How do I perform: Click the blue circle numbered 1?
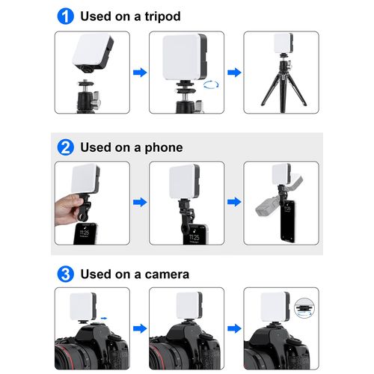tap(65, 16)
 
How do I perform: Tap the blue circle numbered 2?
tap(65, 147)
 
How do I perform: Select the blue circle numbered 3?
tap(65, 275)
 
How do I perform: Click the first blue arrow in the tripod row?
tap(140, 73)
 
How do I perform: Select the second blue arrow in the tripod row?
tap(234, 73)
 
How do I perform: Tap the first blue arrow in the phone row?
tap(140, 202)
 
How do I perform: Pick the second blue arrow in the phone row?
tap(234, 202)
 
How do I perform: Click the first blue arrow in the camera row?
tap(140, 328)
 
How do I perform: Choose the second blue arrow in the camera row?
tap(234, 328)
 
